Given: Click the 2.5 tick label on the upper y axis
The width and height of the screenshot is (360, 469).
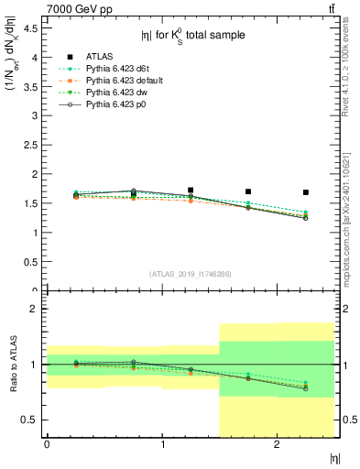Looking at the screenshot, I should pos(33,145).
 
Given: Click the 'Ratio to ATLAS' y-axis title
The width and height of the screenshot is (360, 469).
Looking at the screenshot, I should pos(13,365).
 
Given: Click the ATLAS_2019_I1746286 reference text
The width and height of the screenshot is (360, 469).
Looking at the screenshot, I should pos(191,274).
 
